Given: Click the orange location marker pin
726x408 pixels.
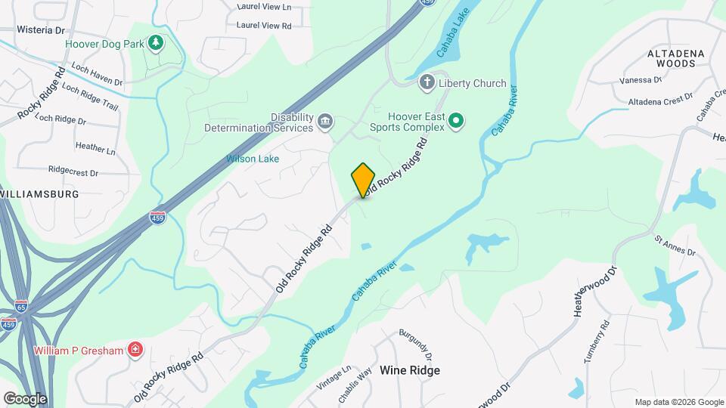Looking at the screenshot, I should (x=364, y=180).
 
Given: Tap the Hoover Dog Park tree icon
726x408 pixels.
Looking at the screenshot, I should (x=156, y=43).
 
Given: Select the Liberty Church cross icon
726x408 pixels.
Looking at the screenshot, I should (x=427, y=82).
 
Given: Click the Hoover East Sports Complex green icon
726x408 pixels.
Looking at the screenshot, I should (x=456, y=121).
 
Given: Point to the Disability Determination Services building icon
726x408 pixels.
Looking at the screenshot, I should (x=325, y=122).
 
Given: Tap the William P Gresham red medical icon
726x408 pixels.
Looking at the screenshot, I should (x=135, y=350).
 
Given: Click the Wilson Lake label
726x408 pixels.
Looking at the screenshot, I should (x=253, y=159).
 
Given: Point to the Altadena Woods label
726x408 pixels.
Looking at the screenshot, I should (x=676, y=59).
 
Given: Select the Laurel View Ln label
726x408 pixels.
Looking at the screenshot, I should (x=264, y=7).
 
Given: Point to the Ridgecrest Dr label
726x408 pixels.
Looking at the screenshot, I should (x=73, y=172).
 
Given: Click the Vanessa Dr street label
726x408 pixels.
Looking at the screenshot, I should (x=641, y=79).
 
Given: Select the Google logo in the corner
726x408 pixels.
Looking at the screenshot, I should (x=25, y=398).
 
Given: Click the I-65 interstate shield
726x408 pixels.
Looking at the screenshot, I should (x=21, y=306).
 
